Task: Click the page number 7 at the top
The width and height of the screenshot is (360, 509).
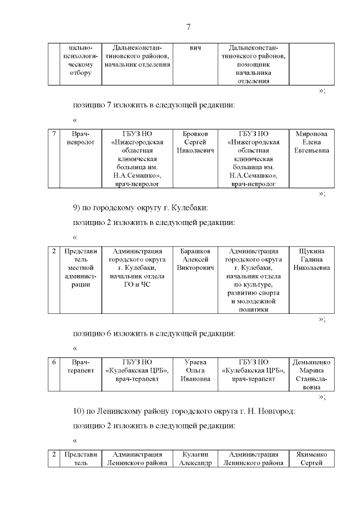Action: [189, 27]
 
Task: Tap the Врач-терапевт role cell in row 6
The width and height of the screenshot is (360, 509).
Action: [77, 366]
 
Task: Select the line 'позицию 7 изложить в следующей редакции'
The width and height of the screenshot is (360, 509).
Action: [154, 105]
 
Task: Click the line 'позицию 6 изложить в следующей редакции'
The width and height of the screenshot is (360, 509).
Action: [154, 333]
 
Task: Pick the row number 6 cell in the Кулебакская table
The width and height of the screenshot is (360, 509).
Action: [53, 363]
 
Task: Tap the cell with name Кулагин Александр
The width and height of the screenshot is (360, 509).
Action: [195, 458]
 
